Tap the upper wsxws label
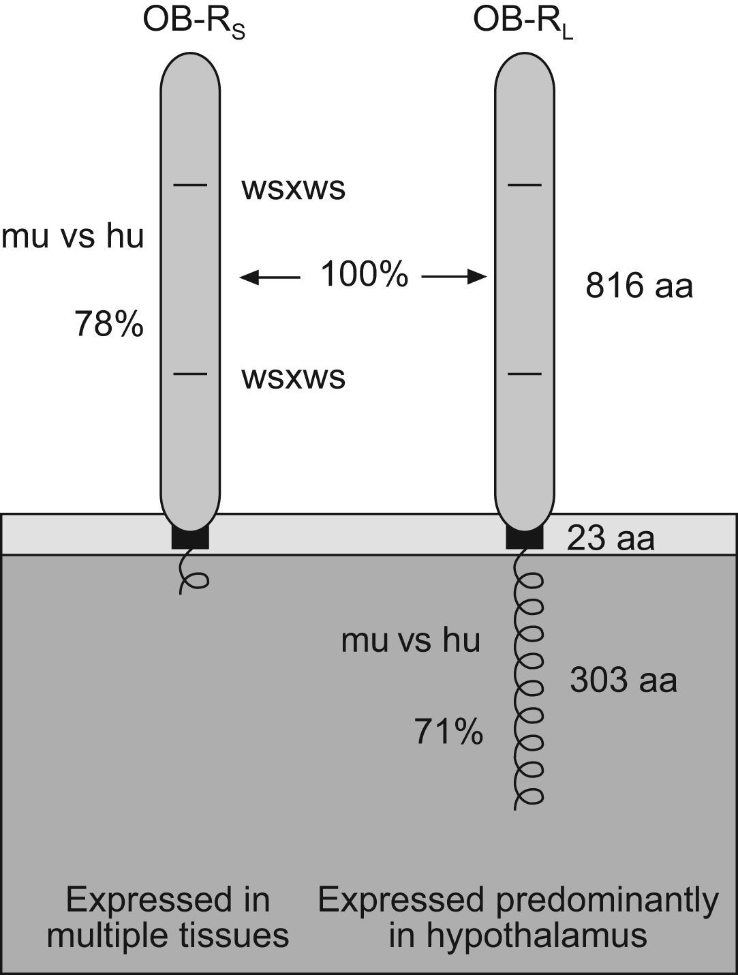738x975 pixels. coord(293,189)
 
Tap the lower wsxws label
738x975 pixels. coord(293,377)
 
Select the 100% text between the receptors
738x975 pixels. coord(365,275)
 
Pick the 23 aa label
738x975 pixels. coord(611,539)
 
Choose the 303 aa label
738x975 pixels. coord(624,680)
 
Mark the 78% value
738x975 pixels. coord(109,325)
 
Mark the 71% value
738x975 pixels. coord(449,734)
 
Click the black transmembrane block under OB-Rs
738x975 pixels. coord(190,538)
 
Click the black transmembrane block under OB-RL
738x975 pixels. coord(525,538)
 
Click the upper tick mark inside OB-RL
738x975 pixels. coord(525,185)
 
